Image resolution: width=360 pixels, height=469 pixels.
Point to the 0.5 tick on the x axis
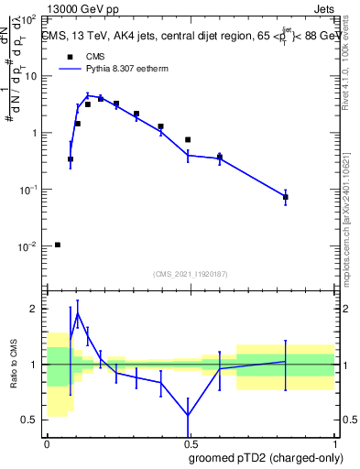point(190,442)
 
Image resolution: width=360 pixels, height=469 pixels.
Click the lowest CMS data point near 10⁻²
point(58,245)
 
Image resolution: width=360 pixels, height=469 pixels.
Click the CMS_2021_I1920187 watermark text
point(190,274)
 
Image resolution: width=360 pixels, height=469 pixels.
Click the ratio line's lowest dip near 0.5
point(188,415)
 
